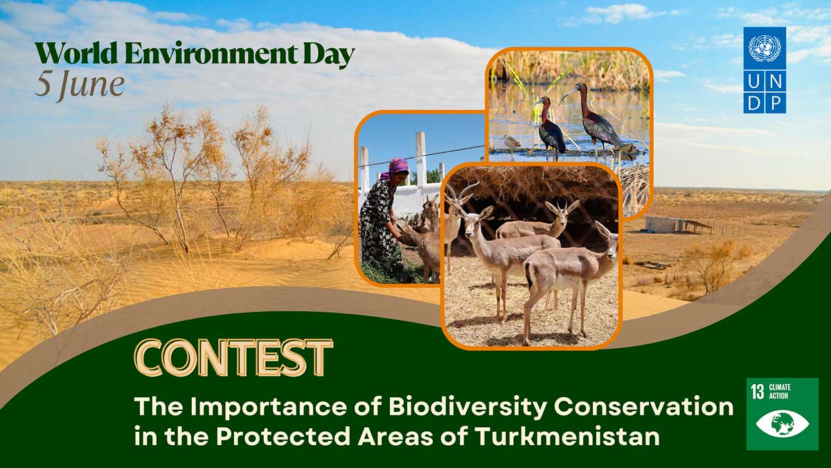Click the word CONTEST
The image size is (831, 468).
(233, 358)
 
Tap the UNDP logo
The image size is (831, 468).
(765, 70)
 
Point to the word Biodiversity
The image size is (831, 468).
(467, 407)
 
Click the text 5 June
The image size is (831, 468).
(80, 85)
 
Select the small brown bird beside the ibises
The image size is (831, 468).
(510, 141)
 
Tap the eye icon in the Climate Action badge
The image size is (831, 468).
(783, 424)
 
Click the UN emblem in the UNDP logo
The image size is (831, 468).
(765, 48)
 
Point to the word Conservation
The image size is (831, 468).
(643, 407)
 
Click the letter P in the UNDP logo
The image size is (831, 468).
(776, 103)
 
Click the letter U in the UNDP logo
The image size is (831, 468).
(754, 81)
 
